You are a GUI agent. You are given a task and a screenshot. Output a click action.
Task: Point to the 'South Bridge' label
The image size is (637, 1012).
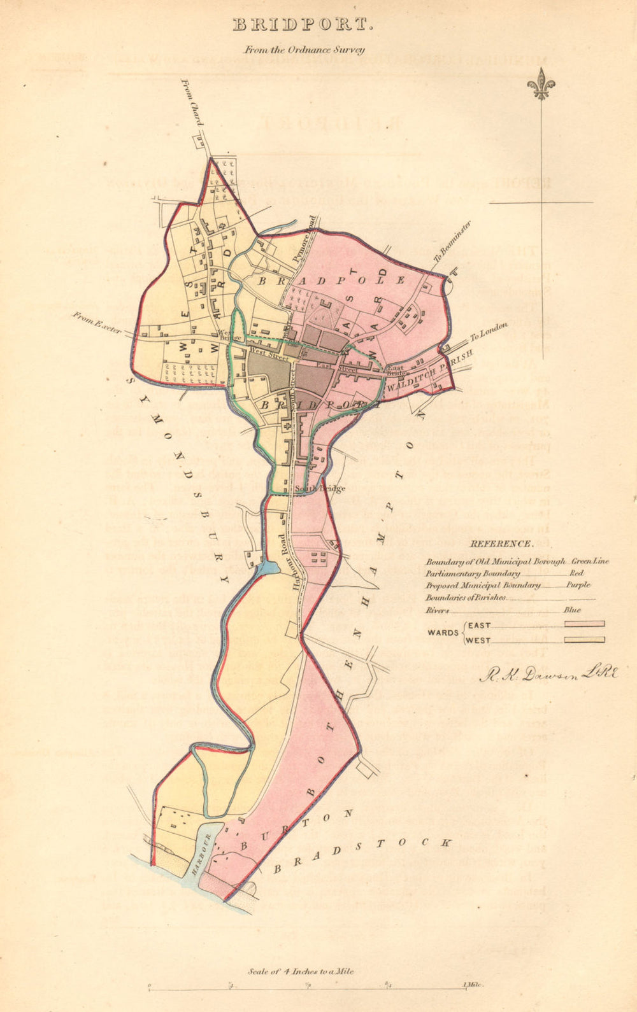click(320, 489)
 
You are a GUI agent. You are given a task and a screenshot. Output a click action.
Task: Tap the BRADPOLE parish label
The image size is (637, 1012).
click(331, 280)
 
